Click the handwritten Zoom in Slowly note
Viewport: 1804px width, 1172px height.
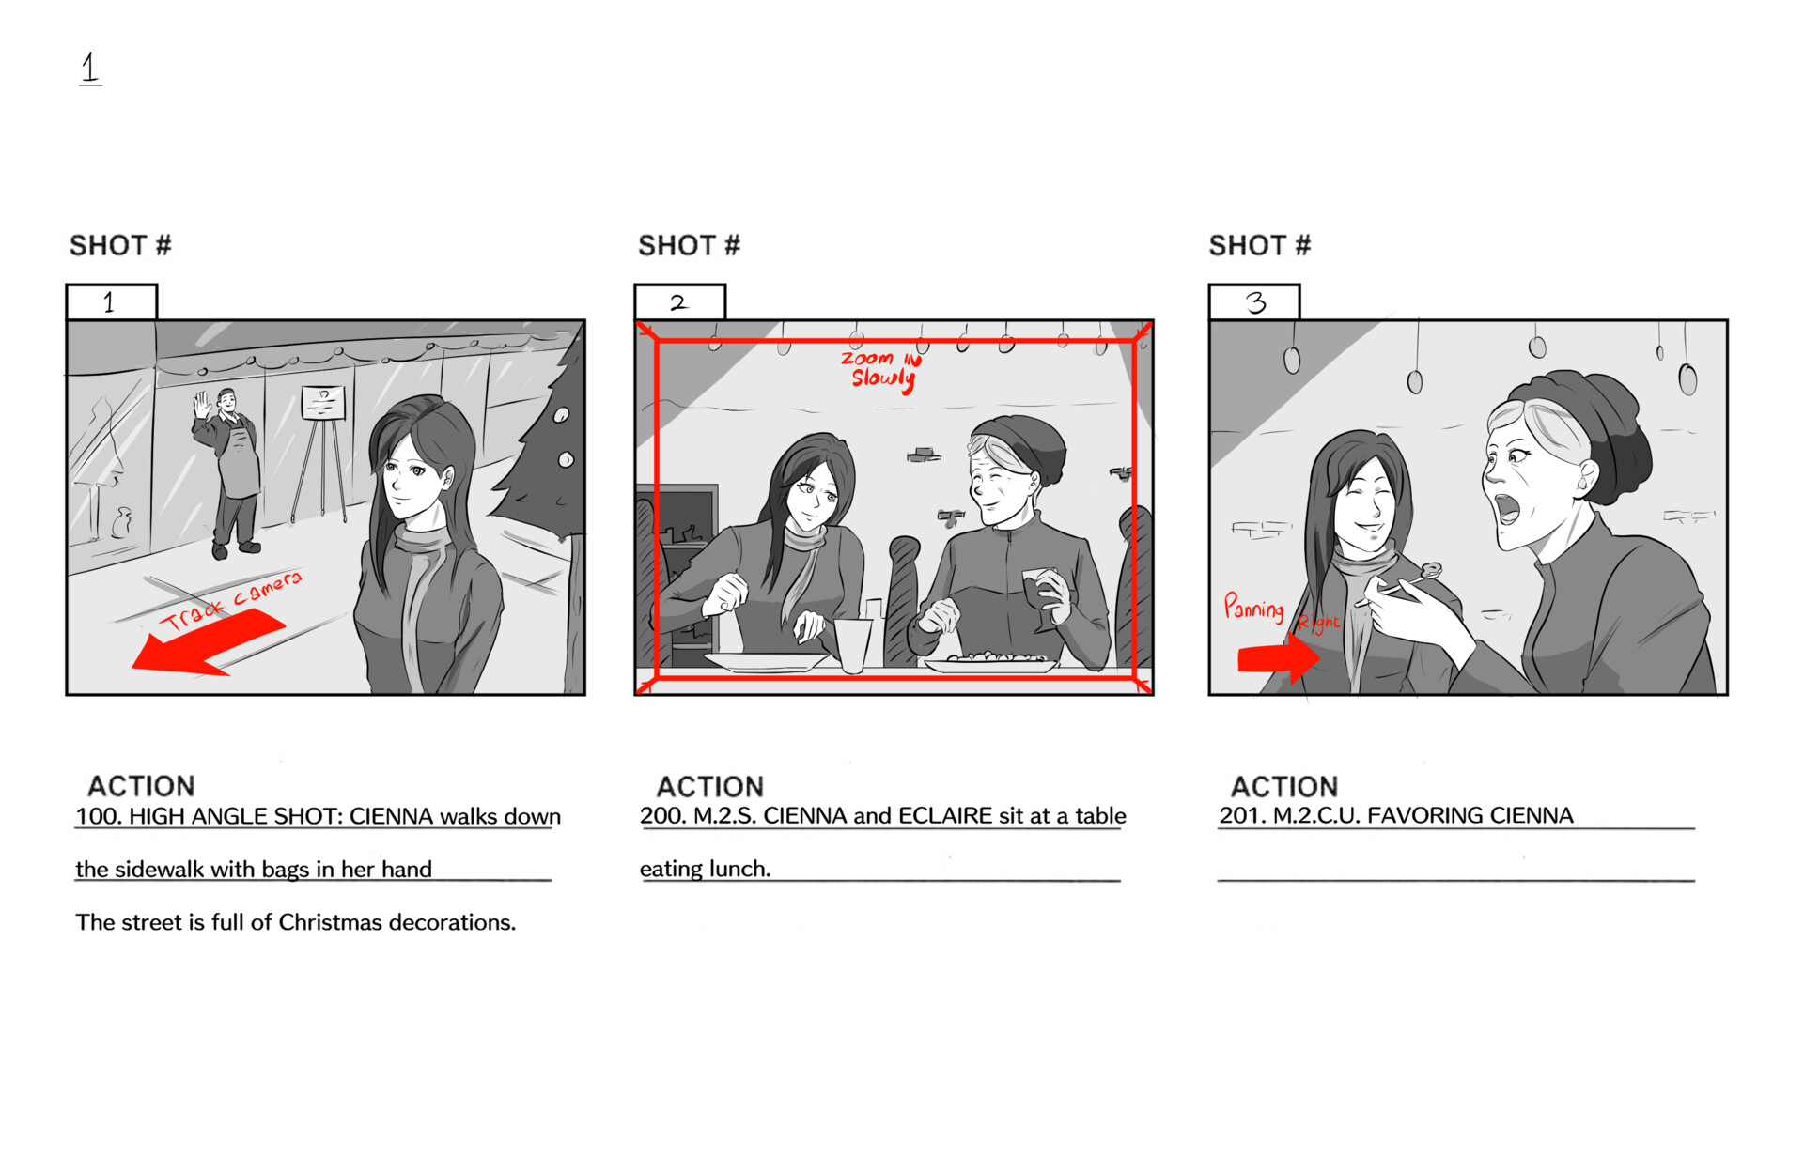tap(881, 369)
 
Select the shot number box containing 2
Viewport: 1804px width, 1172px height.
tap(680, 302)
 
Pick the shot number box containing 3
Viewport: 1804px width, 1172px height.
tap(1254, 302)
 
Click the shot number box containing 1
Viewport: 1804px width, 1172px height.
tap(111, 302)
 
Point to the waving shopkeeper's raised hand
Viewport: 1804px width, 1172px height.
tap(201, 406)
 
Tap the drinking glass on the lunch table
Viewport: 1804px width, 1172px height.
tap(853, 644)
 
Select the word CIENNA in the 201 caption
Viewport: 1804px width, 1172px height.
tap(1531, 816)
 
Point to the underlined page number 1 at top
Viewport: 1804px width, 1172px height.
tap(90, 68)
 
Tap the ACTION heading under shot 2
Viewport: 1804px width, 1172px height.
tap(709, 787)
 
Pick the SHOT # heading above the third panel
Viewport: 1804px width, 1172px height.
tap(1259, 246)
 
